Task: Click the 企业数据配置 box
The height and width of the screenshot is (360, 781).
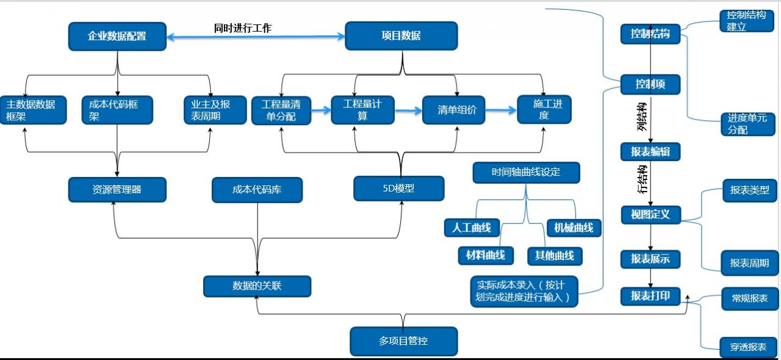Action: (117, 36)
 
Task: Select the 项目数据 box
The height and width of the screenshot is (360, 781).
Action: (401, 36)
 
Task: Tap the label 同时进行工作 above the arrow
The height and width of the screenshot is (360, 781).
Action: (242, 28)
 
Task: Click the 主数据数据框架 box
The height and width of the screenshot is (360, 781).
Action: (33, 110)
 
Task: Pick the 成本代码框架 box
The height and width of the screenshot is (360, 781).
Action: (117, 110)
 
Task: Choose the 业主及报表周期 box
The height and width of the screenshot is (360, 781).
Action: (215, 110)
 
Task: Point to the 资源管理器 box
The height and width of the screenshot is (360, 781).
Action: (117, 190)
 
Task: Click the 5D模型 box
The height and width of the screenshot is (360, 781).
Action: (398, 189)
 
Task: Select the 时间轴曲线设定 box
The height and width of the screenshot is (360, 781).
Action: (525, 172)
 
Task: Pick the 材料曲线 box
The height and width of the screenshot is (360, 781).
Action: (486, 255)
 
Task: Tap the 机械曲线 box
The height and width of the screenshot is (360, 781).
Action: (574, 228)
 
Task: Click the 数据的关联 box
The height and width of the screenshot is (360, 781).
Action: (257, 286)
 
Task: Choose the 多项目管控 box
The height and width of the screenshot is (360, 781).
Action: (403, 341)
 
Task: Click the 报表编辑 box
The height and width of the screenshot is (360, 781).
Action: (650, 151)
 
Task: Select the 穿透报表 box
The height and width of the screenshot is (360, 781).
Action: (748, 347)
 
